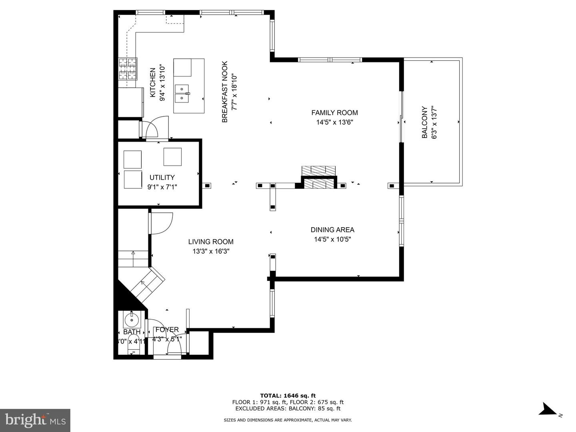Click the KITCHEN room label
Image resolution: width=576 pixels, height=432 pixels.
[152, 82]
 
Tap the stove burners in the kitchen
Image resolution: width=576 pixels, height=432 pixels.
[128, 69]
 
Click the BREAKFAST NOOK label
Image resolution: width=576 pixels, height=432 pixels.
[225, 92]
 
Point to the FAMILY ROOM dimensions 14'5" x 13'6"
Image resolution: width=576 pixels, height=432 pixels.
[334, 122]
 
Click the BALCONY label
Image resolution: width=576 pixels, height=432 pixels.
[425, 122]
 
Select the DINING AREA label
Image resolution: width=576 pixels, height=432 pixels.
[332, 230]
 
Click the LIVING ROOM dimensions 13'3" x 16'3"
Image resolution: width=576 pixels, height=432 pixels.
[211, 251]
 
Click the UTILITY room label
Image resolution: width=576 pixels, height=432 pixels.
[162, 177]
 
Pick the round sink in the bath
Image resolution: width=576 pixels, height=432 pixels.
[132, 320]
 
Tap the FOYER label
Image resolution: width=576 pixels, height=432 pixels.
[167, 330]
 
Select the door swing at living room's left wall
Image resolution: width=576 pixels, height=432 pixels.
[161, 223]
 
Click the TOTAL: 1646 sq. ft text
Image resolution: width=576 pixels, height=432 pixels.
[288, 396]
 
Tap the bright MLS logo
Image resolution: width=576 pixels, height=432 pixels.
[35, 420]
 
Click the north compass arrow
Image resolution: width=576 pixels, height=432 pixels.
[547, 410]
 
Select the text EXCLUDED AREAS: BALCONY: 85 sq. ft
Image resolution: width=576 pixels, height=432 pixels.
[288, 408]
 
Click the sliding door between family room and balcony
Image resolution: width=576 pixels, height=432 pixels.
[401, 117]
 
